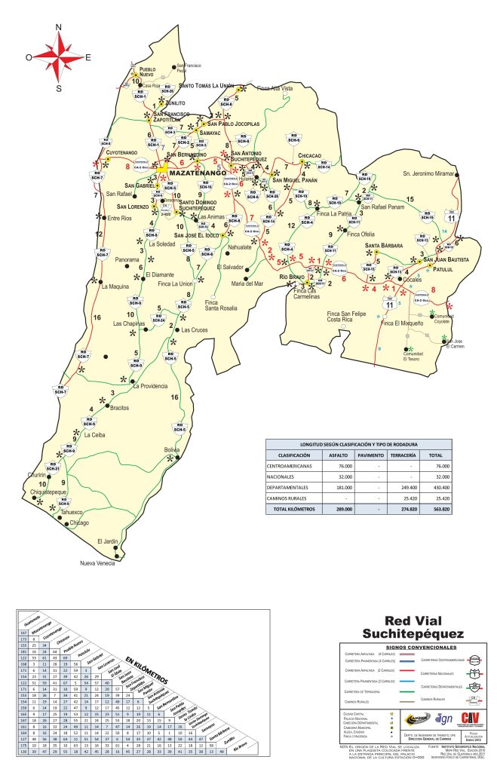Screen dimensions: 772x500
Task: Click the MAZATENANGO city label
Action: click(x=198, y=173)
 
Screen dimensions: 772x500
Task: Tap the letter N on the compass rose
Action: click(x=59, y=28)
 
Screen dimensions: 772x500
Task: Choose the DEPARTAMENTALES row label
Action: click(x=293, y=488)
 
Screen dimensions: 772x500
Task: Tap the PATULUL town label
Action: click(x=446, y=269)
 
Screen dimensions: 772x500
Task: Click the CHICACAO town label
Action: click(x=310, y=155)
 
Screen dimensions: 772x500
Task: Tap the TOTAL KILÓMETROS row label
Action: click(x=293, y=509)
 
